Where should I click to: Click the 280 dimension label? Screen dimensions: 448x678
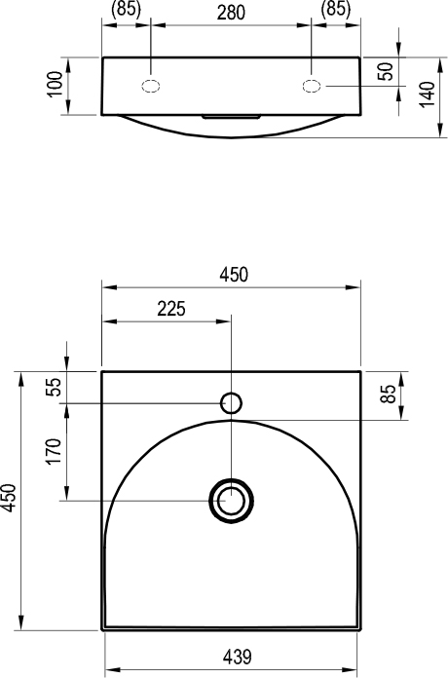pyautogui.click(x=231, y=13)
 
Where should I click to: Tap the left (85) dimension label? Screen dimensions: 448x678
pyautogui.click(x=126, y=9)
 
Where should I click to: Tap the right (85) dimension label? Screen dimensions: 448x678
pyautogui.click(x=336, y=9)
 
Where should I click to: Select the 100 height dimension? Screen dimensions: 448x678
pyautogui.click(x=56, y=85)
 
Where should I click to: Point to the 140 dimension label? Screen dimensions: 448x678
pyautogui.click(x=428, y=94)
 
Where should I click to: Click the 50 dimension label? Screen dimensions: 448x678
pyautogui.click(x=386, y=72)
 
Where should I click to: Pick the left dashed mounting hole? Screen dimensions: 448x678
pyautogui.click(x=151, y=86)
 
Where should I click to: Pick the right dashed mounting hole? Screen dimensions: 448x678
pyautogui.click(x=312, y=86)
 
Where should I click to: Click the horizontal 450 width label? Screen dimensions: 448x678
pyautogui.click(x=234, y=275)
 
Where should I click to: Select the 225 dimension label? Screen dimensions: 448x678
pyautogui.click(x=171, y=309)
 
